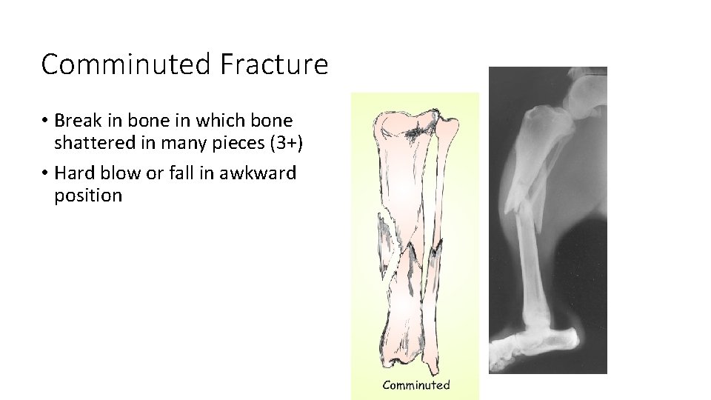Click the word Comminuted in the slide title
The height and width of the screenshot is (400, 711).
[x=126, y=65]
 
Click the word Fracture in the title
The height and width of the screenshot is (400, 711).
[x=273, y=65]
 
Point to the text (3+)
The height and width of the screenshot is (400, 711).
[x=282, y=142]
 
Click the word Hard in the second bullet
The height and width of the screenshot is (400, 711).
[x=76, y=173]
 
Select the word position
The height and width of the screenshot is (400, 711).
[x=88, y=196]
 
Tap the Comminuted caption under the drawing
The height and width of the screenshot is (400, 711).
[x=415, y=384]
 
